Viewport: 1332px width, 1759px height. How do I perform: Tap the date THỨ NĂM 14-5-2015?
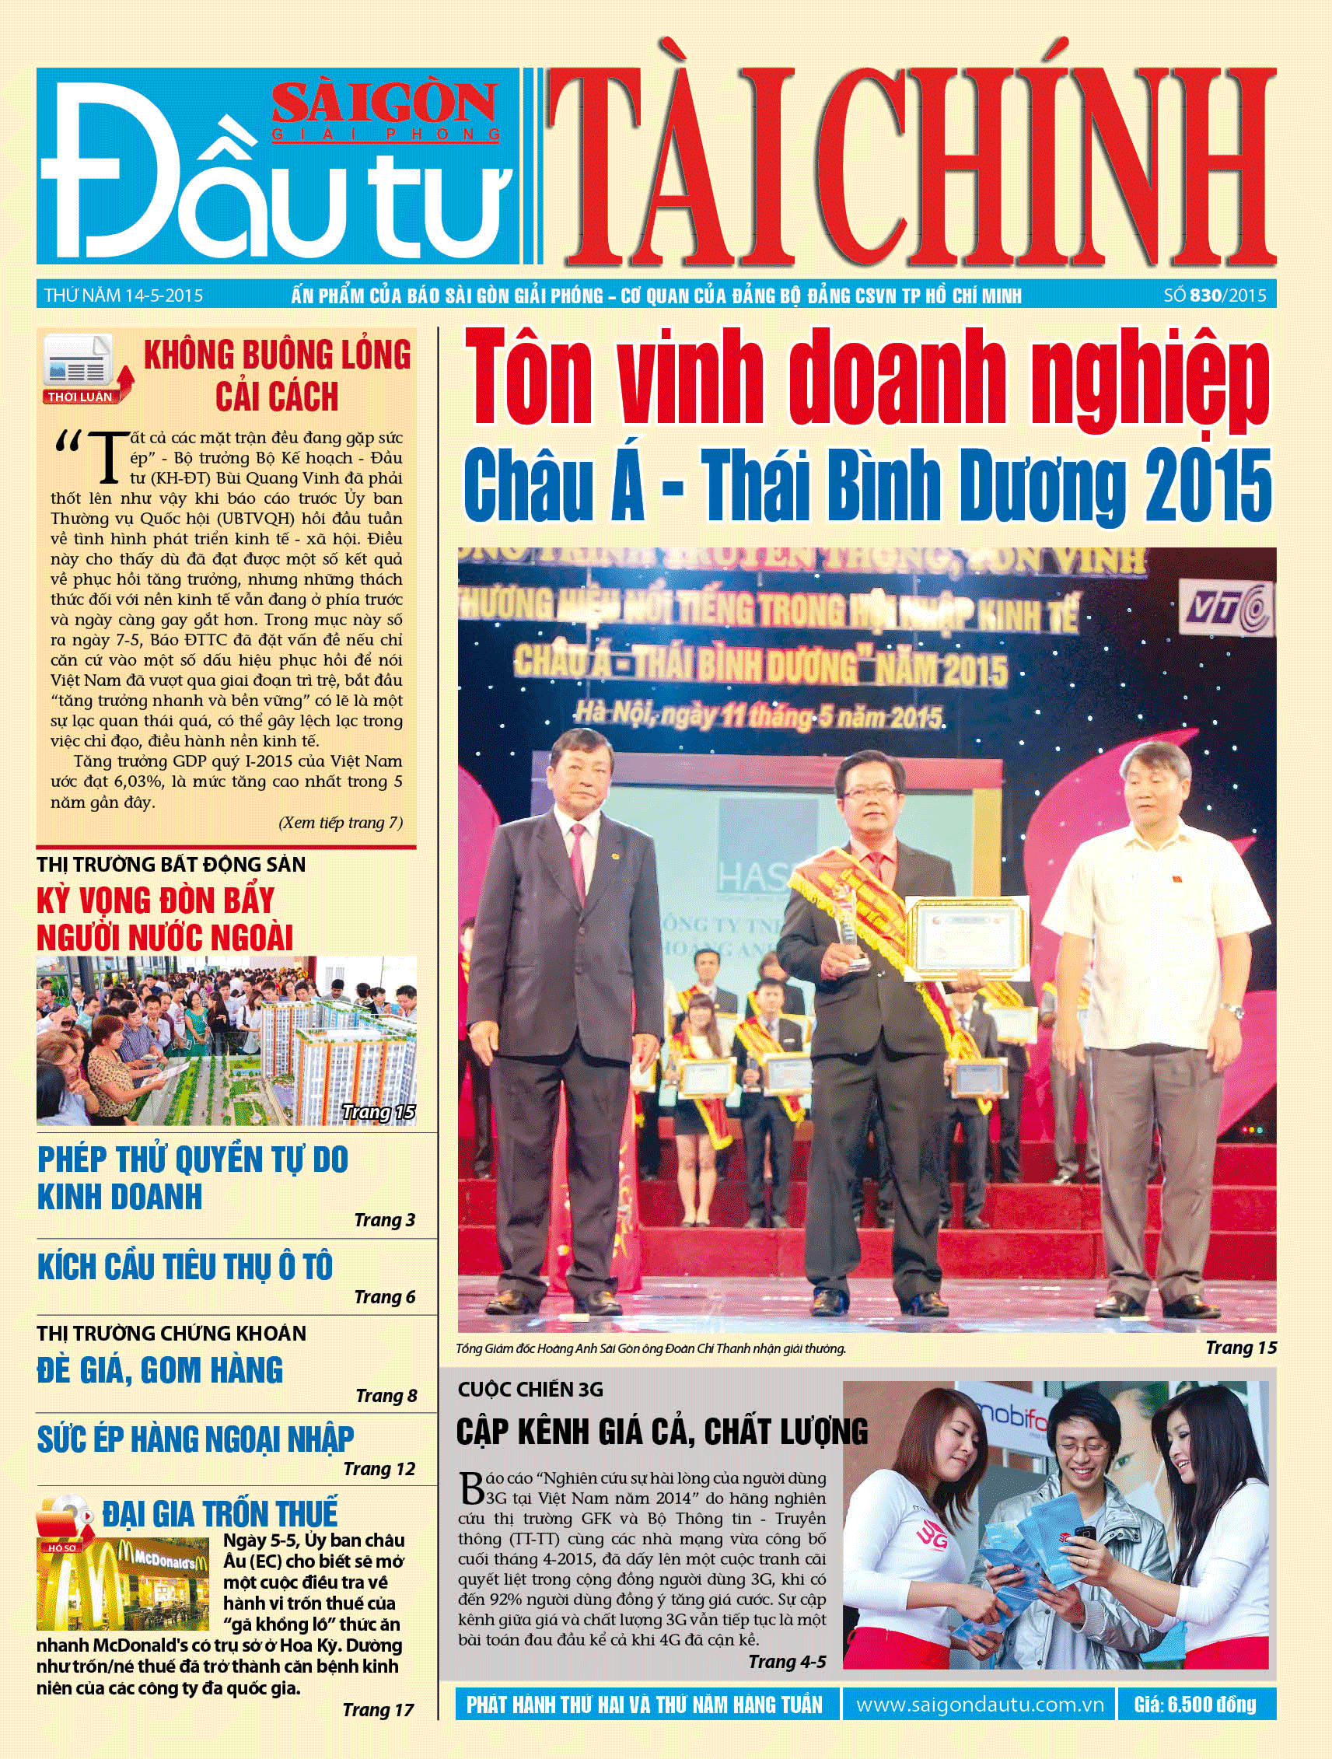pyautogui.click(x=124, y=295)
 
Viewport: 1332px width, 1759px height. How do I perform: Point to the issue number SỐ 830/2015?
pyautogui.click(x=1215, y=295)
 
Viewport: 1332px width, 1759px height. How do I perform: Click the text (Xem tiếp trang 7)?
pyautogui.click(x=341, y=822)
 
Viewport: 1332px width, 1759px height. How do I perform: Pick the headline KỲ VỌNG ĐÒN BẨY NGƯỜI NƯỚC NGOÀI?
pyautogui.click(x=165, y=919)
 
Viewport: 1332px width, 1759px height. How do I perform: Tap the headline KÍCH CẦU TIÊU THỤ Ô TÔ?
pyautogui.click(x=184, y=1267)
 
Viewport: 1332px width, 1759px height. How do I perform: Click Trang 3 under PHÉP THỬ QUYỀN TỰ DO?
pyautogui.click(x=384, y=1220)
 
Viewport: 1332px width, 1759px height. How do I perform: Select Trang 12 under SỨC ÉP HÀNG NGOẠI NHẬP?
pyautogui.click(x=379, y=1469)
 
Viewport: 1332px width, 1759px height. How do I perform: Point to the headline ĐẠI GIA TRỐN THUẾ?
pyautogui.click(x=219, y=1513)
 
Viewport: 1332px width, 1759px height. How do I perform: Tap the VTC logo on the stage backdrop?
pyautogui.click(x=1229, y=610)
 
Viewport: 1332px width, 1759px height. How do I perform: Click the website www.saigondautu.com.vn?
pyautogui.click(x=980, y=1705)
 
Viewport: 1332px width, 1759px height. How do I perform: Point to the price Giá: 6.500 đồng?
pyautogui.click(x=1195, y=1705)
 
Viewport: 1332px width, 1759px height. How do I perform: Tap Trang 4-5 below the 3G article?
pyautogui.click(x=786, y=1661)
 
